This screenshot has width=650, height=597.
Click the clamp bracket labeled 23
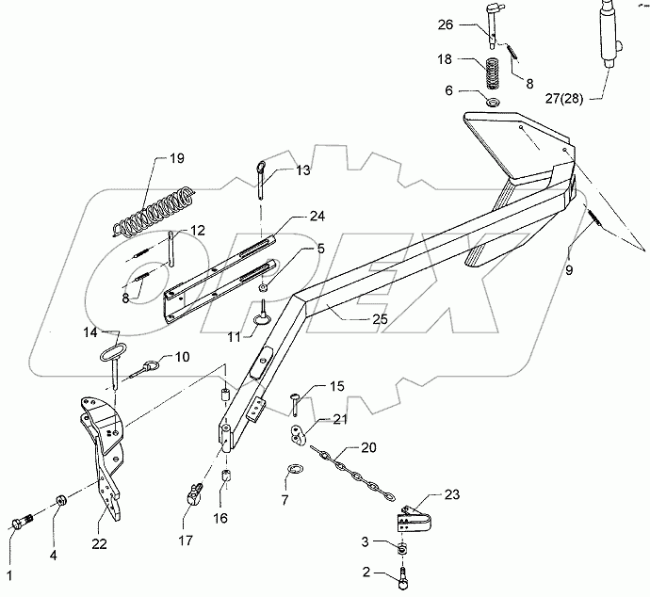tap(409, 523)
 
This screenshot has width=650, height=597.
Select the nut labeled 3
tap(403, 549)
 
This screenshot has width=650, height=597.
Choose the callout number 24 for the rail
tap(292, 216)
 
